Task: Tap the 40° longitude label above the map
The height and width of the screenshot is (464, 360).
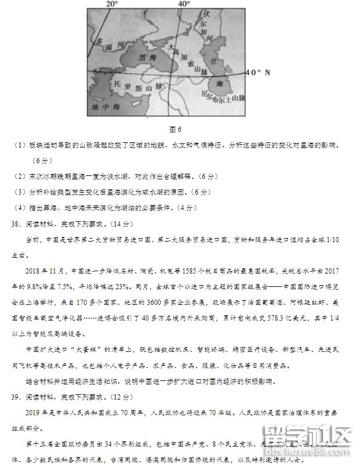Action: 183,4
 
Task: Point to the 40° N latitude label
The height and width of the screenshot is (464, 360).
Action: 258,73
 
